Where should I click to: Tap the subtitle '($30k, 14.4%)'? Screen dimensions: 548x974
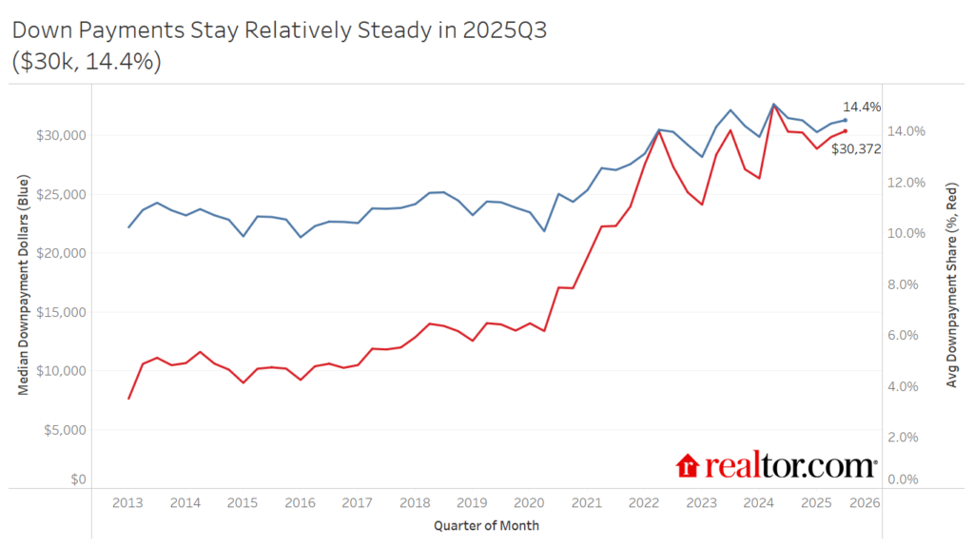click(86, 63)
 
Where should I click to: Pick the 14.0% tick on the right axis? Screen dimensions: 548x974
click(906, 131)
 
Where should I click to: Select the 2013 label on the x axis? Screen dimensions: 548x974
click(127, 502)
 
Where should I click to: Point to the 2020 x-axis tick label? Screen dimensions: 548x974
click(529, 502)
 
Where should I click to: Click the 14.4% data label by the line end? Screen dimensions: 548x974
click(862, 108)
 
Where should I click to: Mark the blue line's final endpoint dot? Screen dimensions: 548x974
click(845, 120)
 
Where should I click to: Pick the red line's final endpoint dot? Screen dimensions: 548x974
click(845, 131)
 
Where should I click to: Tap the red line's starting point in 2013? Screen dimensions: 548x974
click(128, 399)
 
